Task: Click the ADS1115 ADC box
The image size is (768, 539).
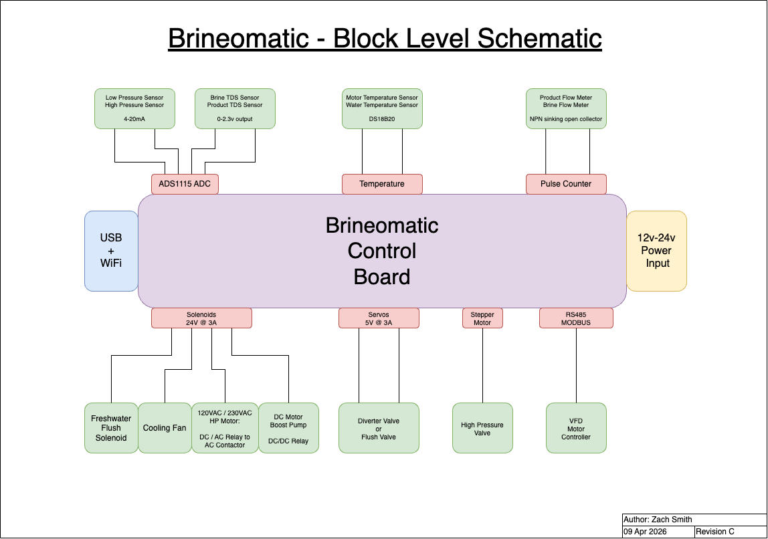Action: pyautogui.click(x=185, y=184)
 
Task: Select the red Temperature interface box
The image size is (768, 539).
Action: pyautogui.click(x=382, y=184)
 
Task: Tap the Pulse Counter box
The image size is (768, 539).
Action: pyautogui.click(x=566, y=184)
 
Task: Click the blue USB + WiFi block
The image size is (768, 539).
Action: pyautogui.click(x=111, y=251)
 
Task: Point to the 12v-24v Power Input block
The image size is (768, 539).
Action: pyautogui.click(x=656, y=251)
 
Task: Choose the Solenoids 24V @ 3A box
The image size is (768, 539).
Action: pyautogui.click(x=201, y=318)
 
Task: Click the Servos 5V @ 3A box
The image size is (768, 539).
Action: pyautogui.click(x=379, y=318)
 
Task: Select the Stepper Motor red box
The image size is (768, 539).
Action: pyautogui.click(x=482, y=318)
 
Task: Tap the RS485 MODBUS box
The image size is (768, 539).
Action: pyautogui.click(x=576, y=318)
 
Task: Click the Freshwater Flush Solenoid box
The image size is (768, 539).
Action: pyautogui.click(x=111, y=428)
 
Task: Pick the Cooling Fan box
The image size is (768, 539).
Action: pyautogui.click(x=165, y=428)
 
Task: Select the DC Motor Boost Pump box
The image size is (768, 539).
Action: pyautogui.click(x=288, y=428)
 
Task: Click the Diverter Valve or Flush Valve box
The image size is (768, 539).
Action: pyautogui.click(x=379, y=428)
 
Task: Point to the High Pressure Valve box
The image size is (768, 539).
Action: pyautogui.click(x=482, y=428)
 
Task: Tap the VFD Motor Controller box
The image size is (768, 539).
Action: pyautogui.click(x=576, y=428)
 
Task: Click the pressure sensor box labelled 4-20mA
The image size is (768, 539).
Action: pyautogui.click(x=134, y=108)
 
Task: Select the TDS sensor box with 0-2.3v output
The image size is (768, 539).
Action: pyautogui.click(x=235, y=108)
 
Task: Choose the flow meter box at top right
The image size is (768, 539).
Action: pyautogui.click(x=566, y=108)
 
